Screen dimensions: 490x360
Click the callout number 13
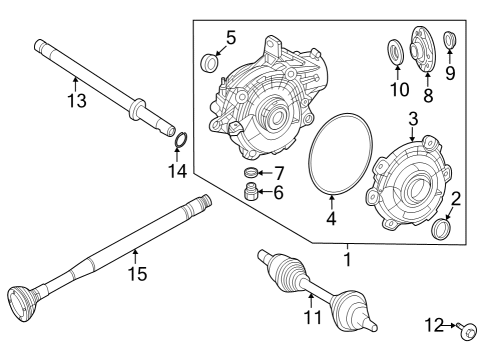coord(77,100)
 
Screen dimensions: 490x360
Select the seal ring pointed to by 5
coord(210,63)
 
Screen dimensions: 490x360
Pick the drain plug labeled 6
coord(250,192)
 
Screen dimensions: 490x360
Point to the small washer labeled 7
coord(250,172)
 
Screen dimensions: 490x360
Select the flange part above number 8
coord(422,49)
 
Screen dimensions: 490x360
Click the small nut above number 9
coord(449,40)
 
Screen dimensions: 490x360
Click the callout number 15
coord(137,274)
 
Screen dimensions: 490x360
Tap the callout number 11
coord(313,317)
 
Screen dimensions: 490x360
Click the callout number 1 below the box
coord(348,259)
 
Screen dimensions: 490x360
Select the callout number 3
coord(413,119)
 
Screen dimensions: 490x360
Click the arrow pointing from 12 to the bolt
coord(451,325)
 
